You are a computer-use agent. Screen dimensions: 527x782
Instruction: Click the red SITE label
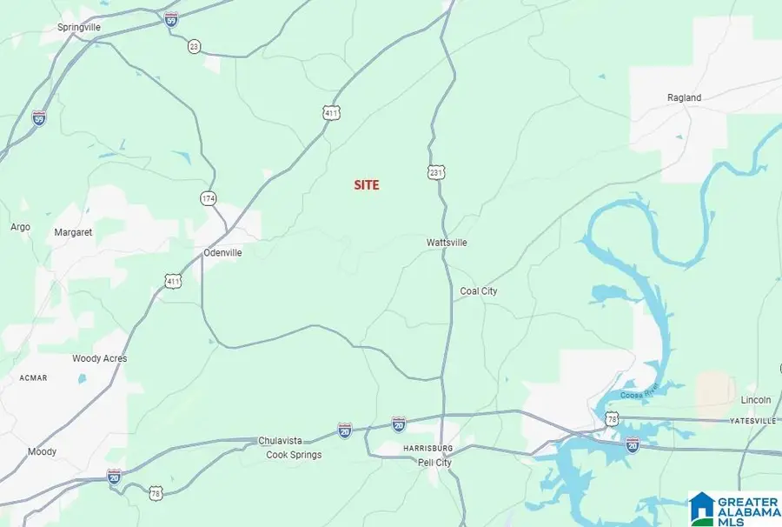(366, 185)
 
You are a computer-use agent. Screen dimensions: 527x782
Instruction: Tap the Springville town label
(79, 28)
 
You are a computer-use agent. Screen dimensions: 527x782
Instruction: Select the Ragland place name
(684, 98)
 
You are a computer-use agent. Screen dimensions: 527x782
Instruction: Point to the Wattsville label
(447, 243)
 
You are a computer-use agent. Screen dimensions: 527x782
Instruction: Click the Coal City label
(479, 291)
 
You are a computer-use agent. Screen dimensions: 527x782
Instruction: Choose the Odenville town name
(222, 253)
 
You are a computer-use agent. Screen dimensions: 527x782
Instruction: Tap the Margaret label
(73, 232)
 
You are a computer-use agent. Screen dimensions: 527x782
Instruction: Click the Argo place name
(20, 227)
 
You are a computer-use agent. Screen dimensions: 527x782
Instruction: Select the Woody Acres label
(99, 358)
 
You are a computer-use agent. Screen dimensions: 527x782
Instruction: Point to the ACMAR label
(34, 378)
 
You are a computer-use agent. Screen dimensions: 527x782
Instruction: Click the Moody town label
(42, 451)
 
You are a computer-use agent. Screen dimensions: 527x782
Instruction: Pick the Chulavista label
(284, 441)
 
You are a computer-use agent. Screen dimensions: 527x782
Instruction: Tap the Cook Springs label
(294, 455)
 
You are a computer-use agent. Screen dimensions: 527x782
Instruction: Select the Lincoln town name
(755, 400)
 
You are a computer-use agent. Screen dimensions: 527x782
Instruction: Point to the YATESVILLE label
(752, 421)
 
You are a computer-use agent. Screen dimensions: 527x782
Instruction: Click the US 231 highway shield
(435, 173)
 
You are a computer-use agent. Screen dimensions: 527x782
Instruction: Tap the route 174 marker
(209, 199)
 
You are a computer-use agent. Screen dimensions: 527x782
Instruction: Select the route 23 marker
(194, 45)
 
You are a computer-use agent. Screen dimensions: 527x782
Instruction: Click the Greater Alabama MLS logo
(732, 508)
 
